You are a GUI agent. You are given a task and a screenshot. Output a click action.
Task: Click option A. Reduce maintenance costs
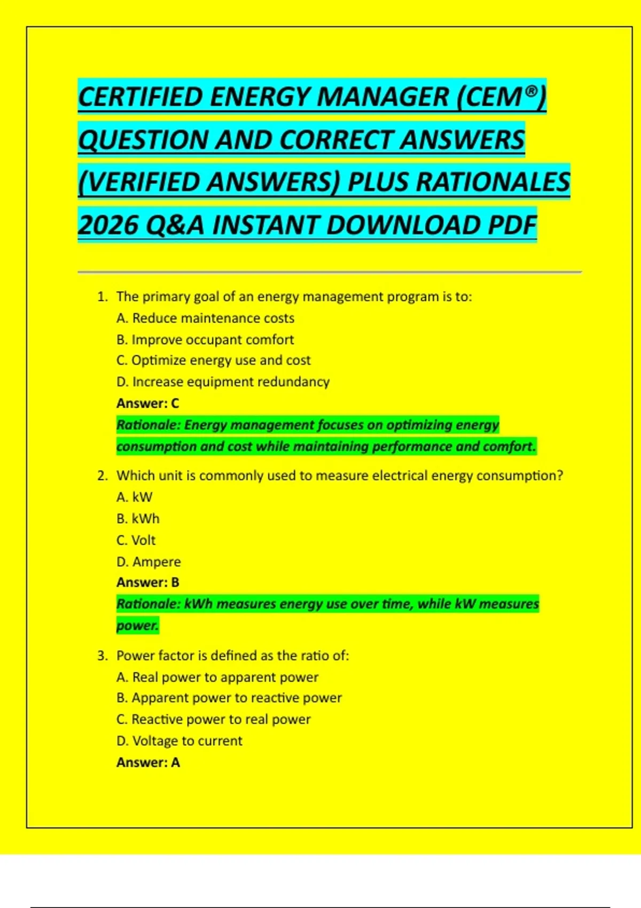point(205,318)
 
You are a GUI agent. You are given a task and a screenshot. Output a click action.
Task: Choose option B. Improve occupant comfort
point(205,340)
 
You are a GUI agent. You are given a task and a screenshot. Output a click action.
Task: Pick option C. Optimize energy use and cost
point(213,361)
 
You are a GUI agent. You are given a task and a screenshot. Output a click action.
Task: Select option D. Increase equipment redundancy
point(223,382)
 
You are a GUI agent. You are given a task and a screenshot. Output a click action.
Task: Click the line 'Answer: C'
point(148,403)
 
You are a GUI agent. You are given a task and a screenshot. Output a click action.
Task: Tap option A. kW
point(135,497)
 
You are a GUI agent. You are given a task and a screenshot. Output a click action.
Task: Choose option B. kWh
point(138,519)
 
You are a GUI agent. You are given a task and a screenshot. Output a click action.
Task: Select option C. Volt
point(136,540)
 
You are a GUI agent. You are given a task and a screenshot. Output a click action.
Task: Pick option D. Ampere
point(148,562)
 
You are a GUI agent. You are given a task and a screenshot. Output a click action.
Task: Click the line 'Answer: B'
point(148,582)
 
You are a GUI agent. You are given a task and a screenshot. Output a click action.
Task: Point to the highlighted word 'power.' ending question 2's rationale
point(137,625)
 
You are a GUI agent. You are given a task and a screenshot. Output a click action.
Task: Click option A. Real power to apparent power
point(217,677)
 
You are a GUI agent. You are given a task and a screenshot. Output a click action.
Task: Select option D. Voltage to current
point(179,741)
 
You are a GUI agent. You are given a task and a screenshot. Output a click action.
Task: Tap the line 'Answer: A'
point(148,762)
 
